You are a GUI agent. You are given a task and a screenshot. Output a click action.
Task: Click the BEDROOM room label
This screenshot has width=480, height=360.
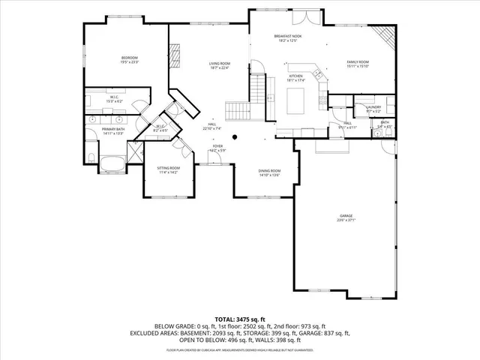[130, 58]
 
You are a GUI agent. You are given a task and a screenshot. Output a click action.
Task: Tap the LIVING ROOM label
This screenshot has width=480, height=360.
[219, 64]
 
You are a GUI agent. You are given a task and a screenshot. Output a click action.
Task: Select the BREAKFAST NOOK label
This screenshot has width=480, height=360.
[287, 36]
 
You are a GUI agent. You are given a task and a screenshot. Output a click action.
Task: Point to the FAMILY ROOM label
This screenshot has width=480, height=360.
[357, 61]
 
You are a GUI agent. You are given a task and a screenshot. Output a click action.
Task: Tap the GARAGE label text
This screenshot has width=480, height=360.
[345, 216]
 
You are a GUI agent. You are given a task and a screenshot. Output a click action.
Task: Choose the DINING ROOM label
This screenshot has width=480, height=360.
[269, 171]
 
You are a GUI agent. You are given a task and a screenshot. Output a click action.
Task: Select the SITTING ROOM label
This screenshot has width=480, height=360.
[168, 168]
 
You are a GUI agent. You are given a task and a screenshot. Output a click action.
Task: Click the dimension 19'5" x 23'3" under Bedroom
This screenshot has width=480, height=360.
[130, 63]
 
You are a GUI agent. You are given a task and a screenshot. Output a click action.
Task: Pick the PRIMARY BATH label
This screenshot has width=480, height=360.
[114, 129]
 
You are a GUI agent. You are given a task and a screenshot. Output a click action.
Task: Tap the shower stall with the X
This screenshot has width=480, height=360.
[136, 154]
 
